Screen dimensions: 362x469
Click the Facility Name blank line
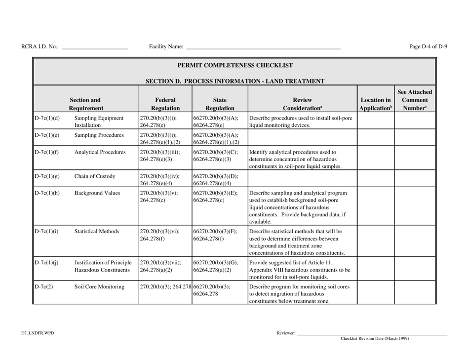coord(263,48)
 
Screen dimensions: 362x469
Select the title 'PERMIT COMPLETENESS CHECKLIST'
coord(234,65)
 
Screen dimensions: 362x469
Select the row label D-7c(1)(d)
coord(47,119)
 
